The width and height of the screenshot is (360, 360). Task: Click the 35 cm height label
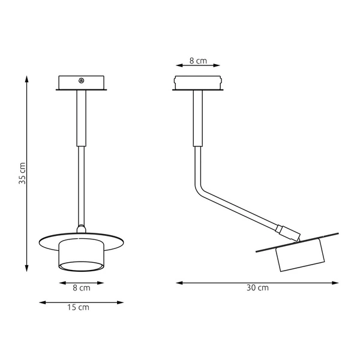22,173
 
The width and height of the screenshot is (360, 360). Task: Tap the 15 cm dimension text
80,308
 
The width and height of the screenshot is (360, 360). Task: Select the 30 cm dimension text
257,288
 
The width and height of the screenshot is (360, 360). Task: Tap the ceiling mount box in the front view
82,83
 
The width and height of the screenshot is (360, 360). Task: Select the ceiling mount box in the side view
197,83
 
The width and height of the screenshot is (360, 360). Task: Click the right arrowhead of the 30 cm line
335,281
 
